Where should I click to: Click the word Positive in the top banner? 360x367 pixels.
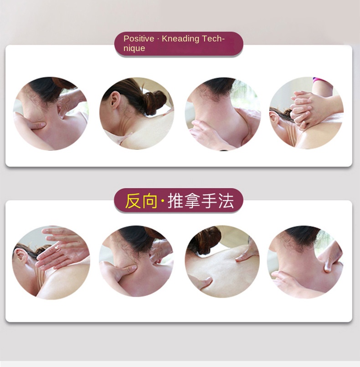139,39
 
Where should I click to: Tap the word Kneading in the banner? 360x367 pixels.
180,39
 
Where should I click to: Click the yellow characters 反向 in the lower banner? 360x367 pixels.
141,201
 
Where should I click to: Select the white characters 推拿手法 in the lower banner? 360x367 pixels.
201,201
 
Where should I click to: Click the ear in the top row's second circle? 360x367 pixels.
114,100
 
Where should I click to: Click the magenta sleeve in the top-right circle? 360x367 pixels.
320,80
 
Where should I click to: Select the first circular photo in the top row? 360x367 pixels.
51,114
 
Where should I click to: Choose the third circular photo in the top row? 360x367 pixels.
223,114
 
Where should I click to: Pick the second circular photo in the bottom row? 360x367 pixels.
136,261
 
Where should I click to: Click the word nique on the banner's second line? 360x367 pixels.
134,48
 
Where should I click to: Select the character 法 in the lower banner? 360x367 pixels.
226,201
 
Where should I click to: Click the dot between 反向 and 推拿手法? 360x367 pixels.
163,201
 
